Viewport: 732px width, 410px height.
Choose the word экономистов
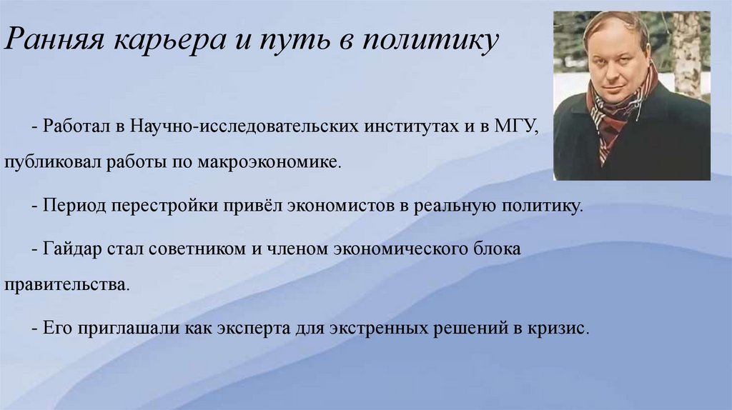(x=338, y=206)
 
